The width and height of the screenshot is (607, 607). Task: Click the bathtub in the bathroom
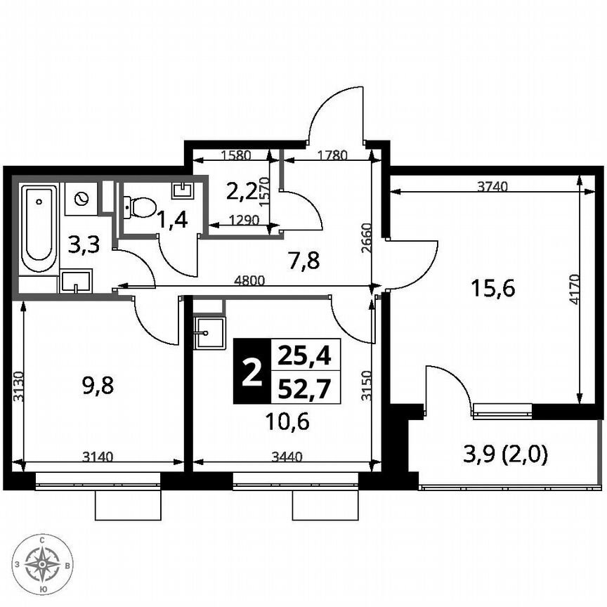pos(39,230)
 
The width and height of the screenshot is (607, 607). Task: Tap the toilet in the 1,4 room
pos(142,207)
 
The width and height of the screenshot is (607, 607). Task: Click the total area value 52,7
pos(304,388)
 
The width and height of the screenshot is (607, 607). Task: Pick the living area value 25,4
pos(304,355)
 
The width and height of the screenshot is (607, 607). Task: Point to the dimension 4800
pos(249,280)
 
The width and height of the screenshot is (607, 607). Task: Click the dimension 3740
pos(490,186)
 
